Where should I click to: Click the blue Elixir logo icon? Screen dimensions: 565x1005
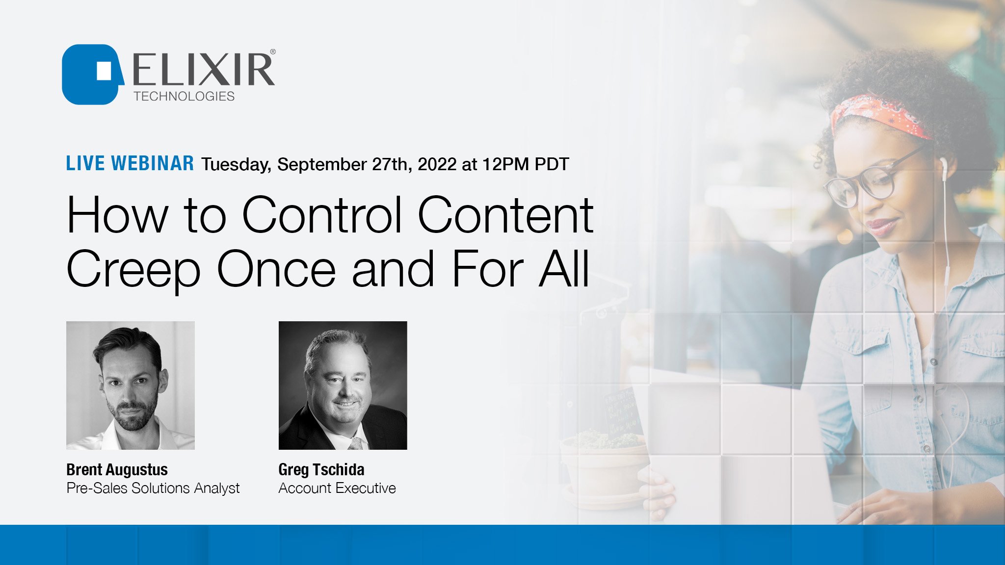(91, 74)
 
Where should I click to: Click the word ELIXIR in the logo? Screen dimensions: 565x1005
(203, 70)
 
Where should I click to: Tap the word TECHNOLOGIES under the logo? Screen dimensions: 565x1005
(184, 96)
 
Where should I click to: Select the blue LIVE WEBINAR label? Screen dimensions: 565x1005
(130, 164)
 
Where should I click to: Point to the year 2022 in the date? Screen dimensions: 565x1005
(437, 164)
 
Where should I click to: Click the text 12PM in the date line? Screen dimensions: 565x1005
(505, 164)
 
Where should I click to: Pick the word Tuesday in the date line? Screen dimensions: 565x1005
(236, 165)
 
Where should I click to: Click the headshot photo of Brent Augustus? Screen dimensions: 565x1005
(131, 385)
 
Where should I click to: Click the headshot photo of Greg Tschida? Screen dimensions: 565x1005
(343, 385)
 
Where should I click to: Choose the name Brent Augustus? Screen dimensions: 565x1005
(117, 470)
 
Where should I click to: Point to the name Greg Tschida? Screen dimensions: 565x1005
(321, 470)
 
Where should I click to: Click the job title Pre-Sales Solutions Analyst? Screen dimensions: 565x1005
(153, 488)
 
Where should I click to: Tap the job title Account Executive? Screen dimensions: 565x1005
(337, 488)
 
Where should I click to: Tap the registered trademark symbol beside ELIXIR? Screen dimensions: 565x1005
(273, 51)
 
